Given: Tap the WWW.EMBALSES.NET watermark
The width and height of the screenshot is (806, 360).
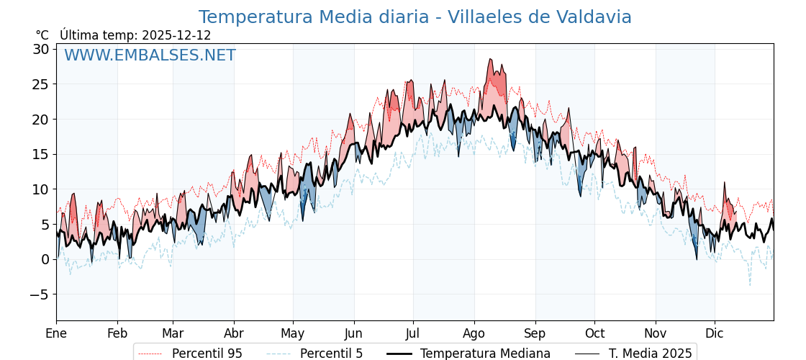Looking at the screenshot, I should pyautogui.click(x=150, y=55).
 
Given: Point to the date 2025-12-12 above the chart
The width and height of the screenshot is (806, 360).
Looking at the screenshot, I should pyautogui.click(x=176, y=35).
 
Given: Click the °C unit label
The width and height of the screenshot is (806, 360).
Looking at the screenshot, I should pyautogui.click(x=42, y=35).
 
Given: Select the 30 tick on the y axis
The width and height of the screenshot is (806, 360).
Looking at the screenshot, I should pyautogui.click(x=40, y=49).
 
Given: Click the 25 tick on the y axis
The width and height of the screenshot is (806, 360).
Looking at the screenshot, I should pyautogui.click(x=40, y=84).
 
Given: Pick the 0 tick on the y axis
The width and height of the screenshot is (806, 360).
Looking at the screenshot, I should pyautogui.click(x=45, y=259).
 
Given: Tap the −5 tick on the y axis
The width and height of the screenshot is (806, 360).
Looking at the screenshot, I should pyautogui.click(x=39, y=294).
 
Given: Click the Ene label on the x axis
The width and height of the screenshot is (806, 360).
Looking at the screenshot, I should pyautogui.click(x=56, y=333).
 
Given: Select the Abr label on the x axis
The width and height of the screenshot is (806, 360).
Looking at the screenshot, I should pyautogui.click(x=234, y=333).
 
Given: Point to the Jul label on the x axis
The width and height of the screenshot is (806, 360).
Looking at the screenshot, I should pyautogui.click(x=413, y=333).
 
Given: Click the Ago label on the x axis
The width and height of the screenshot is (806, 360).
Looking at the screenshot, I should pyautogui.click(x=474, y=333).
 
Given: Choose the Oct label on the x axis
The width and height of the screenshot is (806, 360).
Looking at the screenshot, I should pyautogui.click(x=594, y=333).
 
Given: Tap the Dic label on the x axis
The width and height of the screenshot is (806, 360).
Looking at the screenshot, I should pyautogui.click(x=715, y=333).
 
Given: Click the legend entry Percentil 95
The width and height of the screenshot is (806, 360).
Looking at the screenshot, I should pyautogui.click(x=207, y=354).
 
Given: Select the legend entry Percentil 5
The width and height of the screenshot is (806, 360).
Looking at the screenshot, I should pyautogui.click(x=331, y=354).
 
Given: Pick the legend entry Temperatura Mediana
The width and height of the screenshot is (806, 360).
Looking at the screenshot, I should pyautogui.click(x=485, y=354).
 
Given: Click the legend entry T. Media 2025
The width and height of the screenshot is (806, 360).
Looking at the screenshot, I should pyautogui.click(x=650, y=354).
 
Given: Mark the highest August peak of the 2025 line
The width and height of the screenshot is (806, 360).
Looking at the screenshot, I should pyautogui.click(x=490, y=59).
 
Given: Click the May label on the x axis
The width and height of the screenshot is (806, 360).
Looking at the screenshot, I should pyautogui.click(x=293, y=333).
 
